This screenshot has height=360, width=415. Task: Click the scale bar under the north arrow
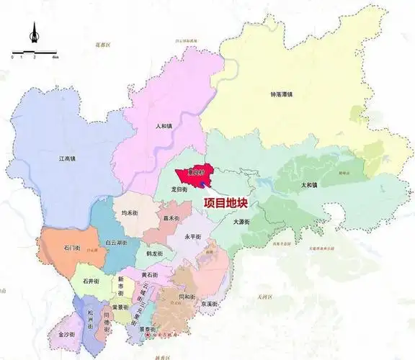tap(34, 53)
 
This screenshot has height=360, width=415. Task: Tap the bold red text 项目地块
tap(226, 204)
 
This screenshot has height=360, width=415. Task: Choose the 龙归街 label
tap(179, 189)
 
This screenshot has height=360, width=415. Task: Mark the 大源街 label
tap(241, 222)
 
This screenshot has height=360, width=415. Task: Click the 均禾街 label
tap(129, 213)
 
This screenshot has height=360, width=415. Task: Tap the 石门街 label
tap(71, 248)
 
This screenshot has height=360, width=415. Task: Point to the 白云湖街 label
tap(116, 244)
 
